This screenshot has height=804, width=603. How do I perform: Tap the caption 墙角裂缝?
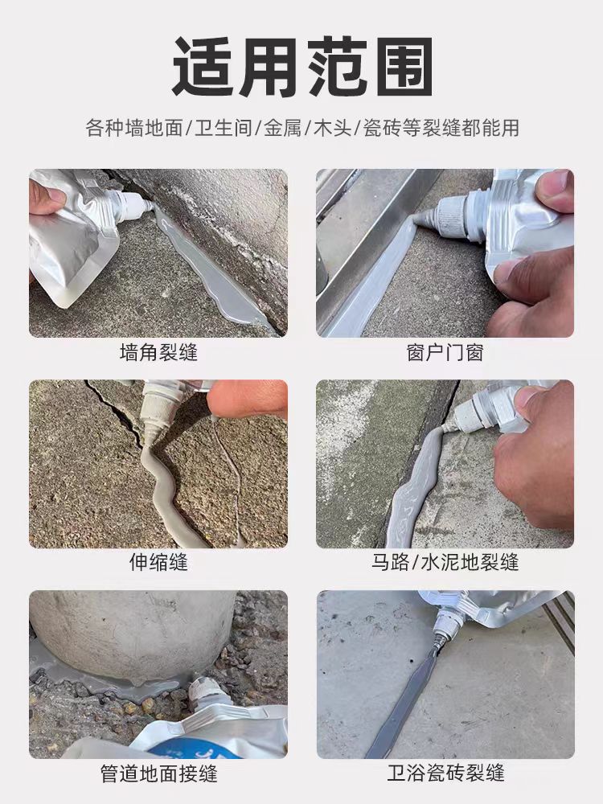158,352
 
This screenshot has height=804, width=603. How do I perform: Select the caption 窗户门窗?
445,352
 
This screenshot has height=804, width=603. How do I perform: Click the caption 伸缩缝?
158,562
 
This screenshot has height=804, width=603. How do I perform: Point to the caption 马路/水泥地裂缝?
445,562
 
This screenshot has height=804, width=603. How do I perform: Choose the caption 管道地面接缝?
158,773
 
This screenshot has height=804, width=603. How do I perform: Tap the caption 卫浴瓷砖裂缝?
445,773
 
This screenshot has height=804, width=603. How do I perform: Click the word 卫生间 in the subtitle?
226,127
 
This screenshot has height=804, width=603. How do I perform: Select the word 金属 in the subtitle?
284,127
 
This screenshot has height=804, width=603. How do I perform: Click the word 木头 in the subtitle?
331,127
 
